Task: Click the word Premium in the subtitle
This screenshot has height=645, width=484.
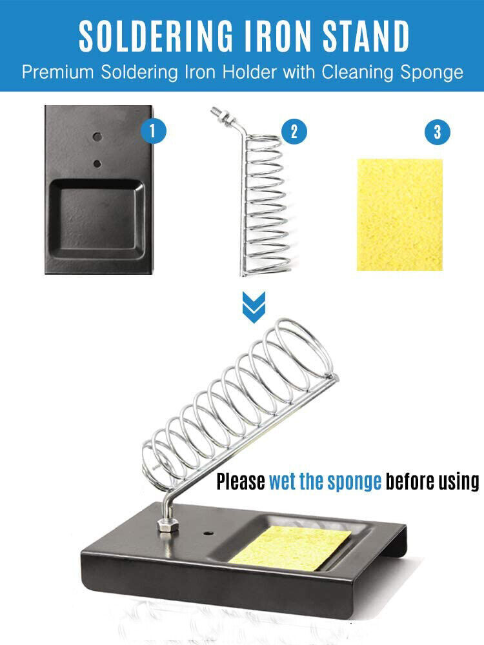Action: [x=57, y=72]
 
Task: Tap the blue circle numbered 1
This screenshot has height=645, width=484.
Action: [x=153, y=131]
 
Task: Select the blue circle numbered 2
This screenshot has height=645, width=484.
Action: [x=294, y=131]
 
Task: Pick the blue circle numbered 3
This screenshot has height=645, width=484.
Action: [x=437, y=132]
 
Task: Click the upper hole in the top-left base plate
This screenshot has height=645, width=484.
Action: [x=97, y=137]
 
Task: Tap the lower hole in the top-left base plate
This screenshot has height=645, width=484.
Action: [x=97, y=164]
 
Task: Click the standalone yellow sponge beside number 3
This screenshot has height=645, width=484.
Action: [x=399, y=215]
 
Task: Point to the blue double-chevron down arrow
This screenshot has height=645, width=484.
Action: [x=254, y=307]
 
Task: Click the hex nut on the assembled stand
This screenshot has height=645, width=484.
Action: [x=168, y=526]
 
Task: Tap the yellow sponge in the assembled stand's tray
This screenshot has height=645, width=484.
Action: [x=290, y=548]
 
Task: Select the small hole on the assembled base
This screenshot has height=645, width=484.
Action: [x=208, y=533]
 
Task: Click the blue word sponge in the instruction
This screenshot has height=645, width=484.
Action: [x=355, y=482]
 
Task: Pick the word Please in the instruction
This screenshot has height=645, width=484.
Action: [x=241, y=481]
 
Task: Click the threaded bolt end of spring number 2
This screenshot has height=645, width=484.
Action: [x=223, y=116]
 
